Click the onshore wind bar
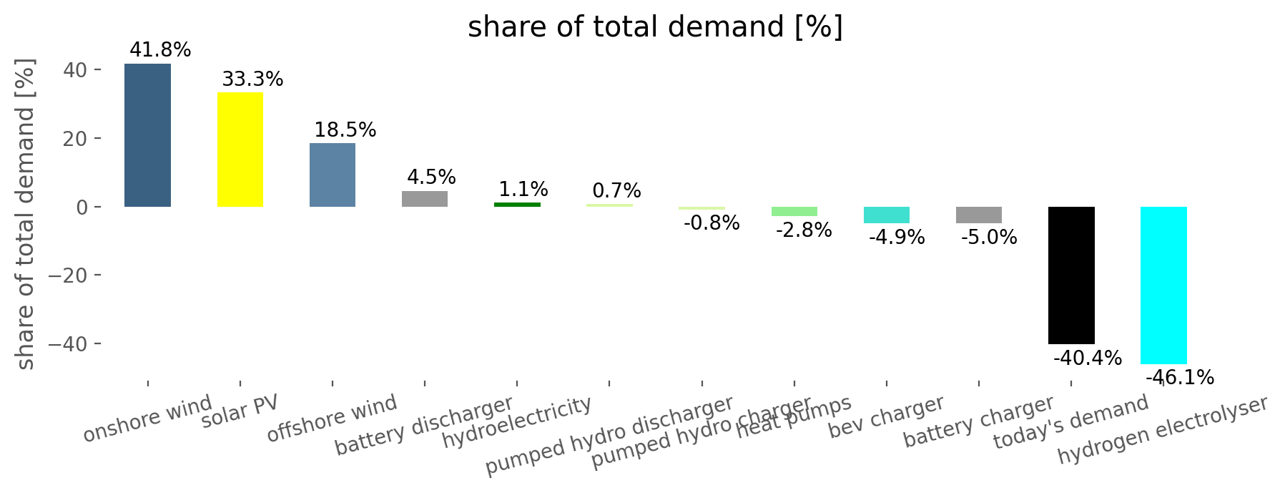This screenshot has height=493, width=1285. tap(147, 135)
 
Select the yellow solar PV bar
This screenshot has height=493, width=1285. tap(240, 150)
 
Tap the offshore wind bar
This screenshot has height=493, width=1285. tap(333, 175)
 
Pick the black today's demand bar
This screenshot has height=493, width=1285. tap(1071, 275)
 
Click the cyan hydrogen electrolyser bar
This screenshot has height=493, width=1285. tap(1163, 285)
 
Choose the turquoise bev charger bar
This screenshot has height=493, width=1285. tap(887, 215)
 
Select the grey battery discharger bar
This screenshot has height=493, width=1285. tap(425, 199)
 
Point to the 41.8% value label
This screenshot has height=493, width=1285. tap(160, 50)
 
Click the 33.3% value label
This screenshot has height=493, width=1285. tap(252, 79)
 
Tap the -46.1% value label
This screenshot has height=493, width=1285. tap(1180, 377)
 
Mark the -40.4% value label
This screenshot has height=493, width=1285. tap(1088, 358)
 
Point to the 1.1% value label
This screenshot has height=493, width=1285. tap(523, 189)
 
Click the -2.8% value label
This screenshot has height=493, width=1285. tap(804, 230)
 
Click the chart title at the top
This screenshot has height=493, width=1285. tap(655, 27)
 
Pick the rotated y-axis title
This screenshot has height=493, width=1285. tap(26, 215)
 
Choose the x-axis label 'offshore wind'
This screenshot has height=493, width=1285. tap(332, 418)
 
